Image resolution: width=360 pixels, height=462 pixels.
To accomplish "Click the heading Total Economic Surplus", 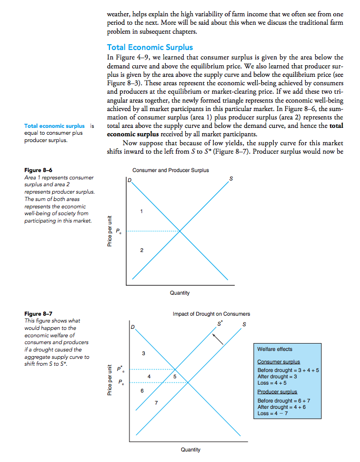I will pos(149,47).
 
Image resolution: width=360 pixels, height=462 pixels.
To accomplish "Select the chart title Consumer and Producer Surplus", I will pos(171,170).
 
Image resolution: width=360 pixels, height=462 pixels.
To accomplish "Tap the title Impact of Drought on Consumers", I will pos(211,314).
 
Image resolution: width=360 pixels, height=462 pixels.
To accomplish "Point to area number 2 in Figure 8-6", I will pos(141,250).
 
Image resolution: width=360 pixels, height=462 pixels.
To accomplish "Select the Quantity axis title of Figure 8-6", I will pos(180,293).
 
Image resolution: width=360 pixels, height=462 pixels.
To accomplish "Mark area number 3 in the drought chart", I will pos(143,353).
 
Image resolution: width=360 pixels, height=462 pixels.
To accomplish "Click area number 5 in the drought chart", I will pos(174,376).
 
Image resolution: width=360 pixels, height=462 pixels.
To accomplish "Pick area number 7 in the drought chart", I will pos(156,403).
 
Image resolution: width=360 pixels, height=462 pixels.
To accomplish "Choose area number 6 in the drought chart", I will pos(141,390).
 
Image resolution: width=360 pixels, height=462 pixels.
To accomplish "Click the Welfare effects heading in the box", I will pos(275,349).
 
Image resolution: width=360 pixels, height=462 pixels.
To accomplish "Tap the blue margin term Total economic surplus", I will pos(54,126).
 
